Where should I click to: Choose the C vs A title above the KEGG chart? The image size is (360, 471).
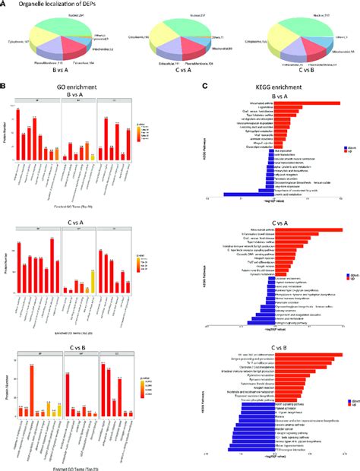pos(283,224)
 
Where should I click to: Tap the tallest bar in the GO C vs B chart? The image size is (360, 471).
pos(33,390)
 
